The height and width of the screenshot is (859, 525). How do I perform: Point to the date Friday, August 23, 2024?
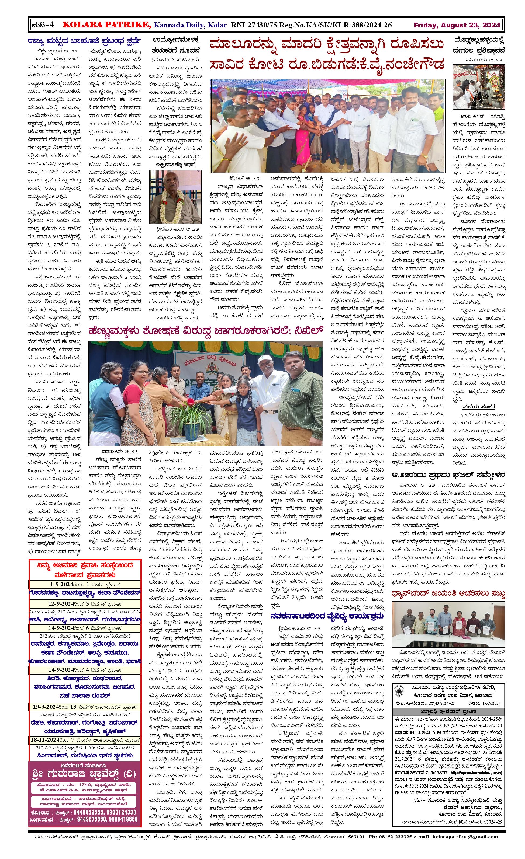457,25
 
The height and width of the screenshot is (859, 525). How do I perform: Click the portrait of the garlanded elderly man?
175,197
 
